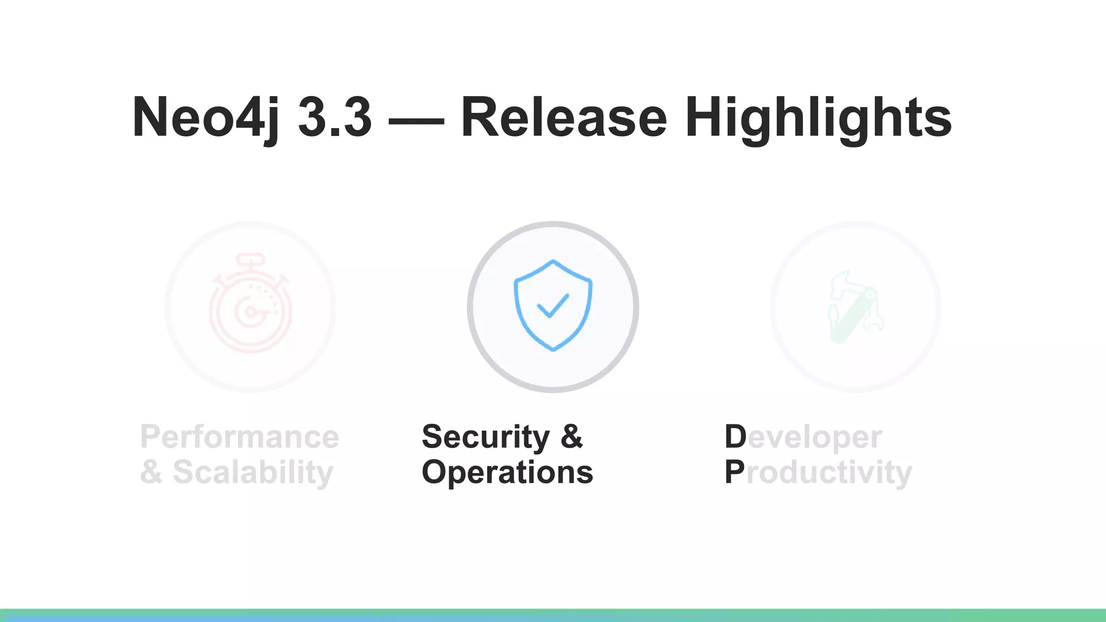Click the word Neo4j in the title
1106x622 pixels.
[206, 117]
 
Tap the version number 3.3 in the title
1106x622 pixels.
[335, 117]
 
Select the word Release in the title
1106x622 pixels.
[564, 117]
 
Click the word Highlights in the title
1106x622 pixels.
[818, 117]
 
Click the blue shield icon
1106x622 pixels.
[552, 306]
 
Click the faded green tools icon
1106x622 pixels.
[855, 307]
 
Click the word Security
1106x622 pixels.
[485, 437]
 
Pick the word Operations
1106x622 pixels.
[507, 472]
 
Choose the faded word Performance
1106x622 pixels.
[239, 437]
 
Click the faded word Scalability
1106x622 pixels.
[253, 472]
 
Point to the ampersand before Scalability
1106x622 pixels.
[151, 472]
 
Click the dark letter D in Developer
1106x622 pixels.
[735, 437]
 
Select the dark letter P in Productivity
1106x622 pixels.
[734, 472]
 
